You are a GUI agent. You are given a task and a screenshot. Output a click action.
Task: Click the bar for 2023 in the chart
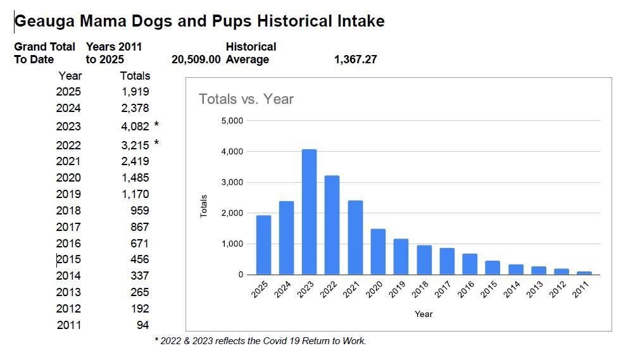[309, 212]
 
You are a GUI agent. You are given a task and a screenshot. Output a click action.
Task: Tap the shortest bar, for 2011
[584, 273]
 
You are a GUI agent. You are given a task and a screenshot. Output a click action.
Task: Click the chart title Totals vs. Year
[246, 99]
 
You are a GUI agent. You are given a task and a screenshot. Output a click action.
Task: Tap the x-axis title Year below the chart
[424, 314]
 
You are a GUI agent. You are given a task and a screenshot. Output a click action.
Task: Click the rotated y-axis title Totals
[204, 206]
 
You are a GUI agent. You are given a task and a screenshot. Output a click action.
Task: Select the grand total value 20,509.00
[196, 59]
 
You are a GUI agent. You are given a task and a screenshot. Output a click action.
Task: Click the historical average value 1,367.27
[356, 59]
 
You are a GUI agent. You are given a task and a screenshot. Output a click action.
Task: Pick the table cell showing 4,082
[135, 126]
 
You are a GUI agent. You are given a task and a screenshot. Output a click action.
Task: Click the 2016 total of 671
[140, 243]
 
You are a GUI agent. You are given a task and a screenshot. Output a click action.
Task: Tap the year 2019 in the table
[68, 194]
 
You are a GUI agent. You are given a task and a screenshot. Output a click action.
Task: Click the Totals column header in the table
[135, 75]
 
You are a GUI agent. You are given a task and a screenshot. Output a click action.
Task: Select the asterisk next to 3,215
[156, 144]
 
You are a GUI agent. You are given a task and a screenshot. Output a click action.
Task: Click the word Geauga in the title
[44, 21]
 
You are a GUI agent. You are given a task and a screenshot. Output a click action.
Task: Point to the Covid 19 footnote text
[260, 341]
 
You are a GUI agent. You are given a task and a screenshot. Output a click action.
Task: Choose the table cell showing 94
[142, 325]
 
